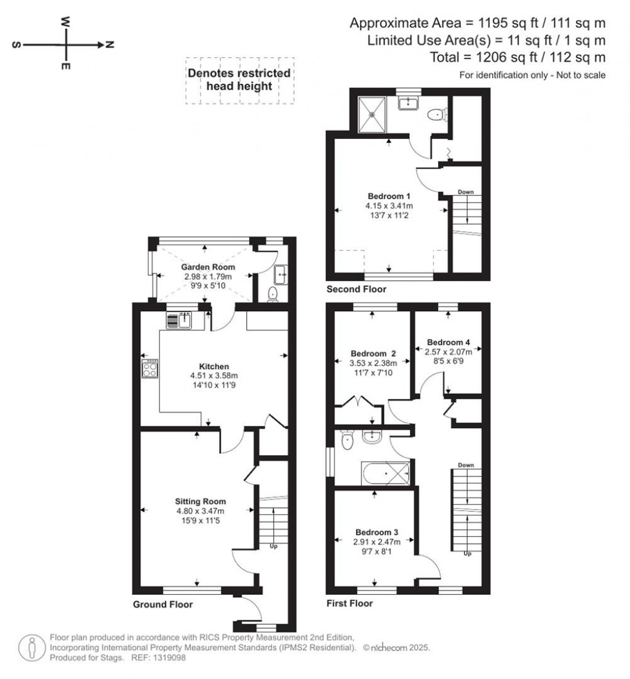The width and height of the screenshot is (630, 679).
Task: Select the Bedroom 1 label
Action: tap(391, 196)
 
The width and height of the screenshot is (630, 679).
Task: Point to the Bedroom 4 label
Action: tap(449, 342)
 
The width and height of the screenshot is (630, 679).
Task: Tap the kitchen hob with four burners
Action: tap(150, 370)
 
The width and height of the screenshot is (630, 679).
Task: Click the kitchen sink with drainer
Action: tap(180, 320)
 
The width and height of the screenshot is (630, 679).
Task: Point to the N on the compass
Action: tap(110, 45)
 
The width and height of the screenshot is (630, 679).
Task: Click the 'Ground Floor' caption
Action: tap(163, 605)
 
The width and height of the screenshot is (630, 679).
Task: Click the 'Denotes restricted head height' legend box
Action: tap(240, 80)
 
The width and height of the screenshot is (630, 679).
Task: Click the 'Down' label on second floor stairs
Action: tap(466, 192)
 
